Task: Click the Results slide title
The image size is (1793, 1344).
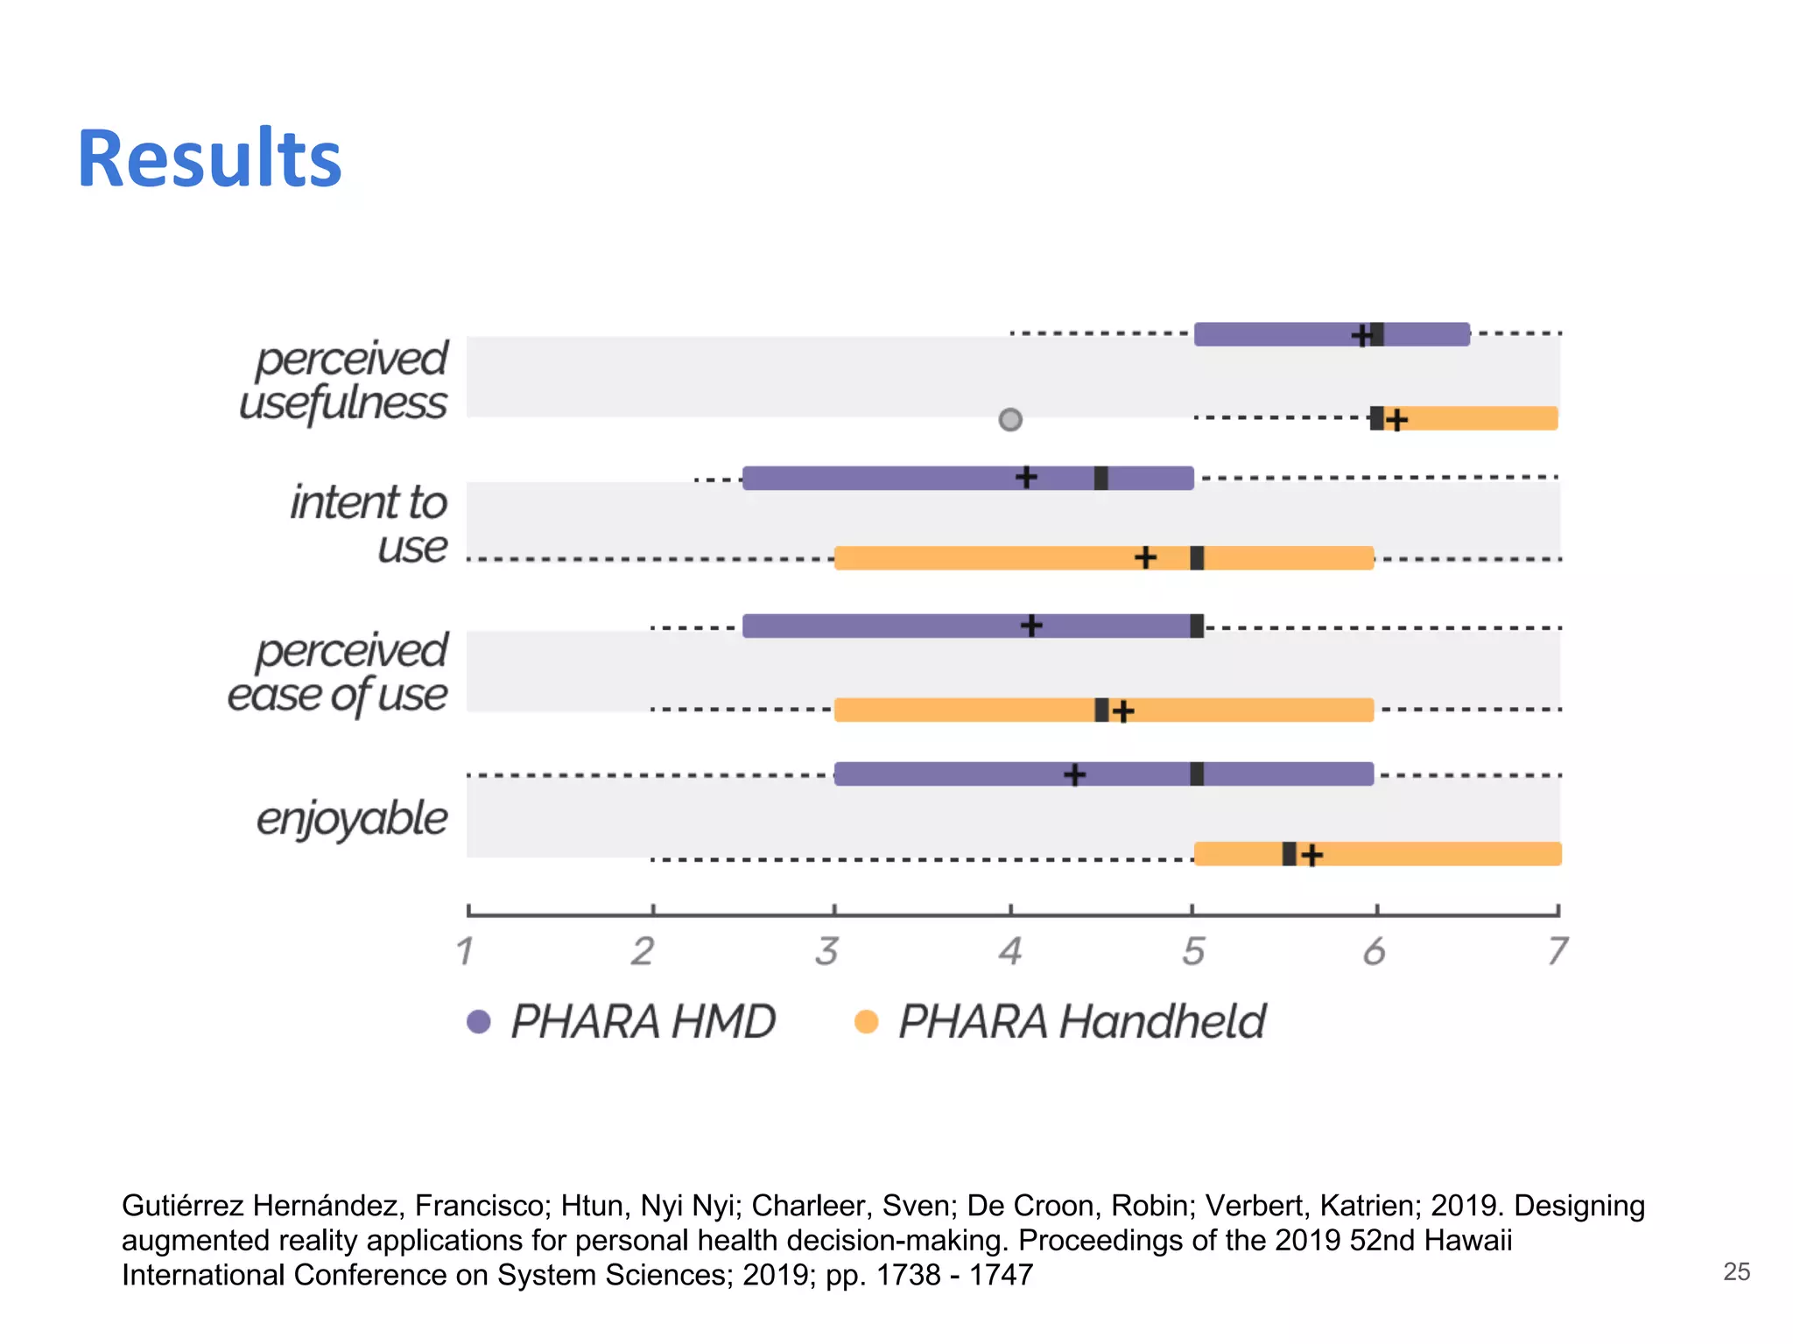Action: coord(209,159)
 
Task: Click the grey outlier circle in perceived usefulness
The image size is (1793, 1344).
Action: coord(1010,420)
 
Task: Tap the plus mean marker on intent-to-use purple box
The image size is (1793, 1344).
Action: coord(1026,477)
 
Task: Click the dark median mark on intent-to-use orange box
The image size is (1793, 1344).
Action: coord(1197,557)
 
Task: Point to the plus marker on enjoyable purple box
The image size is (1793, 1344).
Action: coord(1074,774)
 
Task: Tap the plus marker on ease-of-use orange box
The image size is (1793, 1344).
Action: coord(1123,710)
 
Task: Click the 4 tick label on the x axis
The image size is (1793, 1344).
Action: coord(1010,951)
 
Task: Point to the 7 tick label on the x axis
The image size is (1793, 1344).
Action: coord(1557,951)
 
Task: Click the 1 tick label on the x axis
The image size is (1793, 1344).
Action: coord(465,951)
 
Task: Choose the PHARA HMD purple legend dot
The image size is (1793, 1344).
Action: coord(479,1021)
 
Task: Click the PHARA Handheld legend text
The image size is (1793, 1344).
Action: coord(1081,1021)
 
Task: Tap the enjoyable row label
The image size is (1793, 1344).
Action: coord(352,819)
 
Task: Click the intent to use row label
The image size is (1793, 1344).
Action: coord(369,524)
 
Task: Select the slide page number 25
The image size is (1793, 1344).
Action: coord(1736,1271)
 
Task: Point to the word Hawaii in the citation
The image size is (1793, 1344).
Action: coord(1467,1240)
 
